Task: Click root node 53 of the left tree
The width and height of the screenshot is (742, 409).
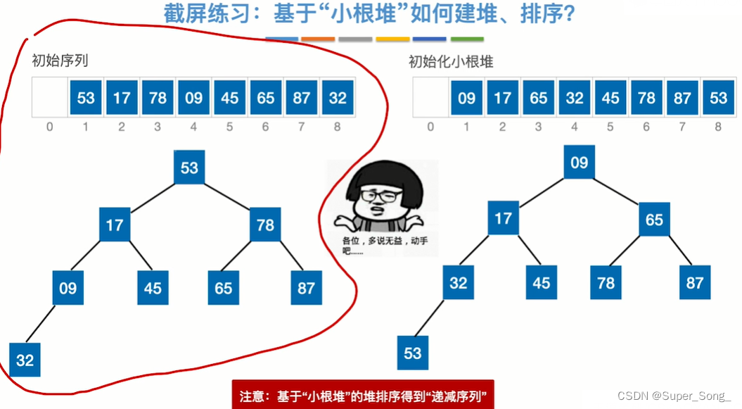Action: pos(189,168)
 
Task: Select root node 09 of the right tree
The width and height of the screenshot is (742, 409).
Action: pos(579,163)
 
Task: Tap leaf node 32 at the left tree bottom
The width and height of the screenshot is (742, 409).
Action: pos(25,360)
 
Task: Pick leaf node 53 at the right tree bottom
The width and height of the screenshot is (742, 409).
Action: pos(413,352)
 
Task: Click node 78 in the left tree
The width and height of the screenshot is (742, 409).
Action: pos(265,225)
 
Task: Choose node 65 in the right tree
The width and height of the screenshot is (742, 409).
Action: pos(654,220)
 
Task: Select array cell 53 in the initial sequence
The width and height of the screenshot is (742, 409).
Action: pos(86,98)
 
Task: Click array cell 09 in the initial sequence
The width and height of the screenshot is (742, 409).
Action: pos(193,98)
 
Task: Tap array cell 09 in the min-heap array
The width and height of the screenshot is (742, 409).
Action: pos(466,98)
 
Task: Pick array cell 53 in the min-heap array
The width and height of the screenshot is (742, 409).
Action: pos(718,98)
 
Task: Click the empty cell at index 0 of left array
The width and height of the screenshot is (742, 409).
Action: pos(50,98)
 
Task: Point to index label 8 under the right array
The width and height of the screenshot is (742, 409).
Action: pos(718,127)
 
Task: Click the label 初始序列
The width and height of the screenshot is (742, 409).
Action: pos(60,61)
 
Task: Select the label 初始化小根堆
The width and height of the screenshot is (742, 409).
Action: pos(451,61)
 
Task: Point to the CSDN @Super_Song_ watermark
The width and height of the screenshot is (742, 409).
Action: pos(674,396)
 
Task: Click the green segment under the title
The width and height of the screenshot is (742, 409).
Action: pos(467,39)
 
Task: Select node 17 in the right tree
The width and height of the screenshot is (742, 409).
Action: pos(503,218)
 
